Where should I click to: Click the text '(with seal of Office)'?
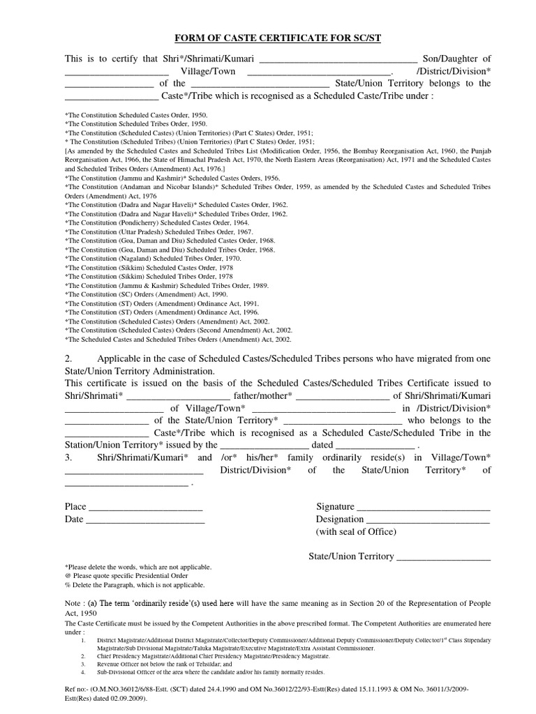[356, 531]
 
